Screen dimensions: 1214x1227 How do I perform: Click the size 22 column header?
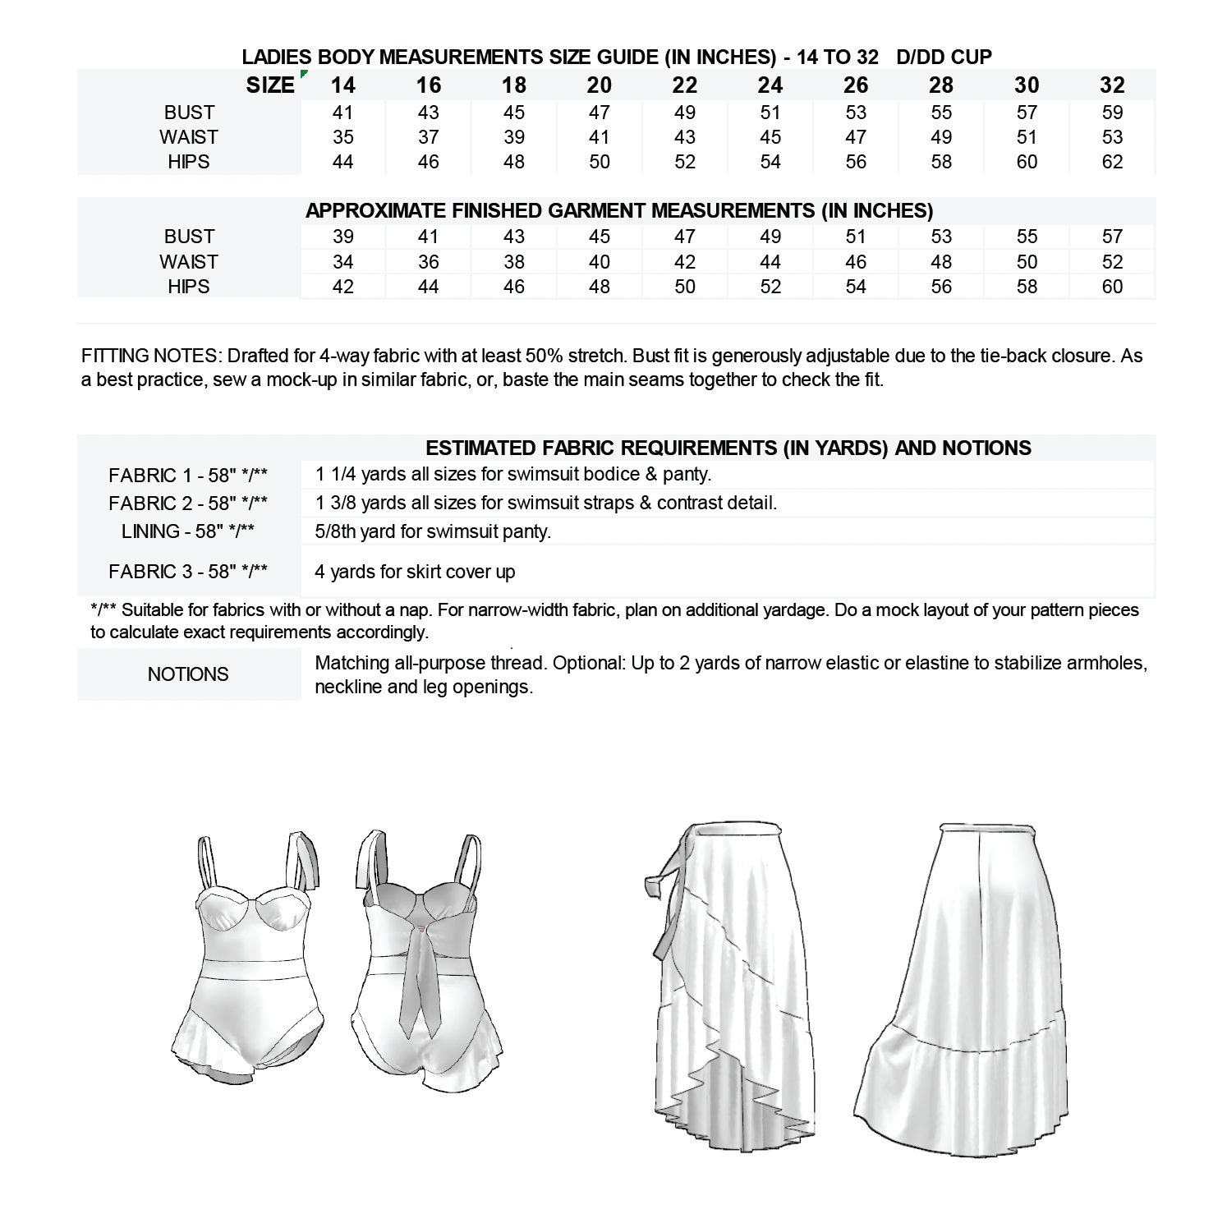(684, 85)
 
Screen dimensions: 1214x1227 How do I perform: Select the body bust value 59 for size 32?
(1112, 113)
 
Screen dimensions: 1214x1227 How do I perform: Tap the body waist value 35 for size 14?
(342, 137)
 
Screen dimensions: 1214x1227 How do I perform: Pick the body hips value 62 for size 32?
(1112, 162)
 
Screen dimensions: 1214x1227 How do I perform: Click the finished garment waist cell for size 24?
(770, 262)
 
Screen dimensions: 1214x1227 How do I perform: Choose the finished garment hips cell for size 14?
(342, 287)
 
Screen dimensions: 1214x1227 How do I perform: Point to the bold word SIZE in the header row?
(269, 85)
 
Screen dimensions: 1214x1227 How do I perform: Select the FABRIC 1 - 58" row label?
(188, 476)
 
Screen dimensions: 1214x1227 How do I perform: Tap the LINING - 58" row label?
(188, 531)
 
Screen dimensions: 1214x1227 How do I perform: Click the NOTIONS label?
(188, 674)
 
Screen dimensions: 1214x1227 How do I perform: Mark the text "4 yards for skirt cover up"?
(415, 572)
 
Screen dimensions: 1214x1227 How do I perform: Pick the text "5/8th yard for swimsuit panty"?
(433, 531)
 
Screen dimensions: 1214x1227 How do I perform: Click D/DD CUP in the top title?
(944, 57)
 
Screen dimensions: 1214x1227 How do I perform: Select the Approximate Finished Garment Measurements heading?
(619, 211)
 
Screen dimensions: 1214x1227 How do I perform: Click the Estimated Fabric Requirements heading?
(728, 448)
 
